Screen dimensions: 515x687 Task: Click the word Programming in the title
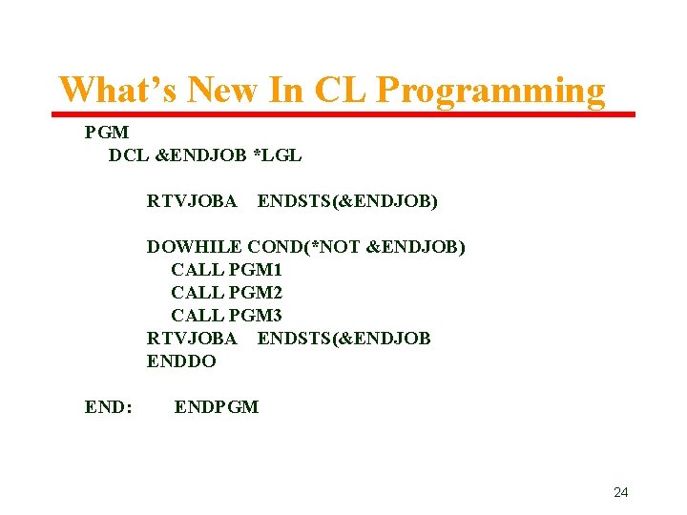click(490, 91)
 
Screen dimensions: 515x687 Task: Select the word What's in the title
click(118, 91)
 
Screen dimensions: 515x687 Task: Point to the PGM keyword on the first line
click(107, 133)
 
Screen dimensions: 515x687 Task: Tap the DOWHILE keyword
click(195, 247)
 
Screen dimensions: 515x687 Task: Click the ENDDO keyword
click(181, 361)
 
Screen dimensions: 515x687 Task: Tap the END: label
click(108, 407)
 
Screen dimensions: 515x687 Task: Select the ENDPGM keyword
click(216, 407)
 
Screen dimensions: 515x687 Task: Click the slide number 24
click(620, 492)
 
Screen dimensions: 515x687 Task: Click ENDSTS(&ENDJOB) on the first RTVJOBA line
click(347, 201)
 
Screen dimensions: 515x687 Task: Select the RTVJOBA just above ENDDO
click(192, 339)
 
